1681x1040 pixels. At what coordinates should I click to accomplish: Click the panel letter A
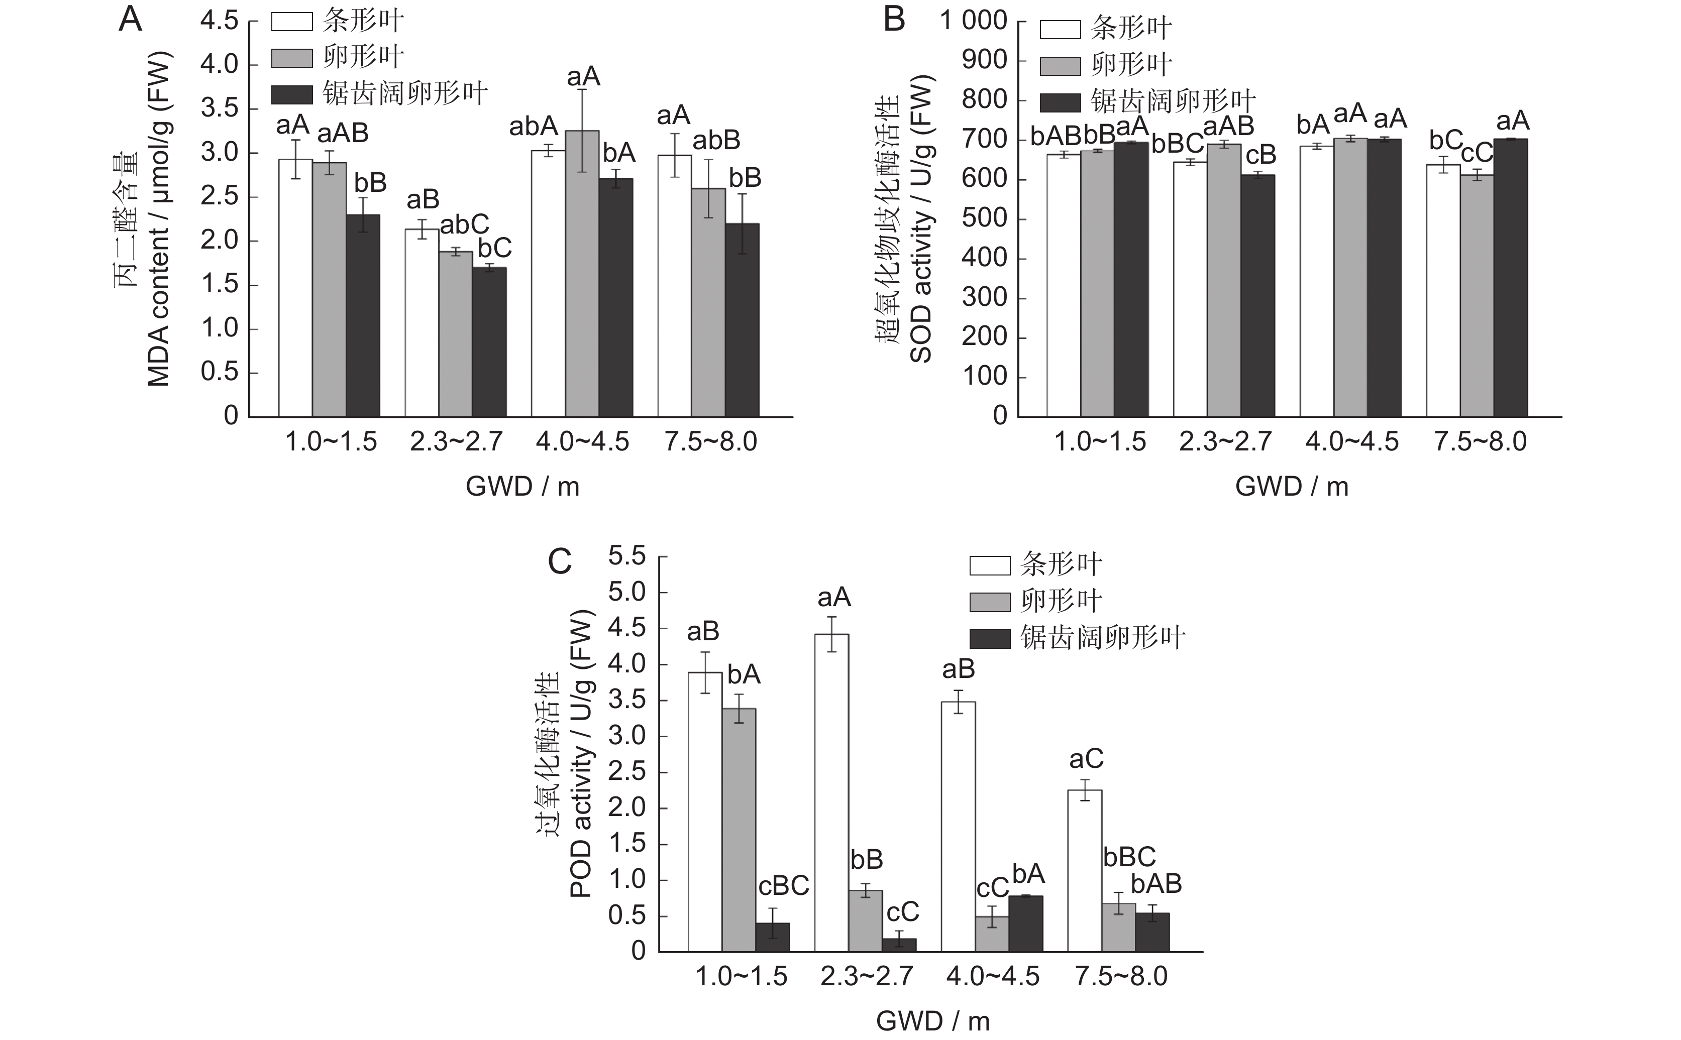tap(130, 20)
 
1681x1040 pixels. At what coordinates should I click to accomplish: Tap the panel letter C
tap(560, 562)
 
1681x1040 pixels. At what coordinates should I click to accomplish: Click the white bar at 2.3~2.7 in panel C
tap(831, 791)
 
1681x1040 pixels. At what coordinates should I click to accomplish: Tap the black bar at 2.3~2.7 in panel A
tap(489, 342)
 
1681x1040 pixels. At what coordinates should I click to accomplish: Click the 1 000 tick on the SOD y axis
tap(973, 21)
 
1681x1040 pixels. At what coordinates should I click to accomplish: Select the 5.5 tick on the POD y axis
tap(627, 556)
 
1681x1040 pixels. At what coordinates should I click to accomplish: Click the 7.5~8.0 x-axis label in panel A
tap(710, 441)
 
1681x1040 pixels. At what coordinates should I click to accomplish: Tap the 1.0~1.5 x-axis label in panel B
tap(1100, 441)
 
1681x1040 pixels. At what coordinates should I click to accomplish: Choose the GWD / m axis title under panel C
tap(932, 1021)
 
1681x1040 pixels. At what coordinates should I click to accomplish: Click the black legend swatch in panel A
tap(292, 94)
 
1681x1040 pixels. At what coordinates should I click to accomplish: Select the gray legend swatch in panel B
tap(1060, 66)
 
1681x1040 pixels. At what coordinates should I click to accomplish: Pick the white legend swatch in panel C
tap(990, 565)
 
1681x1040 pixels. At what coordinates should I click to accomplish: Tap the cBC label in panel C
tap(783, 886)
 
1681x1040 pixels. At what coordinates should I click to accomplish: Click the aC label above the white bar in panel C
tap(1086, 759)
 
